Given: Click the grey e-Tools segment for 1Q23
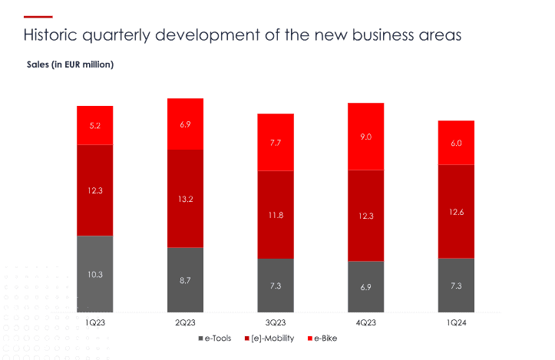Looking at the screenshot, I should coord(95,274).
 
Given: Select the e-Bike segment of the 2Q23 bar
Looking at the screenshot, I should coord(185,124).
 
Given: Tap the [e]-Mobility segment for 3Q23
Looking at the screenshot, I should coord(276,214).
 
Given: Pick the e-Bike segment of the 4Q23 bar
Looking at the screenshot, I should coord(366,137).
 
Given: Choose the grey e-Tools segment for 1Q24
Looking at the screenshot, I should coord(456,285).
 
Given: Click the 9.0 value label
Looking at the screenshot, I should coord(366,137).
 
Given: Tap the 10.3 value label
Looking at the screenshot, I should coord(95,274).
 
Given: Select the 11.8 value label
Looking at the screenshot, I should coord(276,215).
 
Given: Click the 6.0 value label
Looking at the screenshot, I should coord(456,144).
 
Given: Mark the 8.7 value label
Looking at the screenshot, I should coord(185,280).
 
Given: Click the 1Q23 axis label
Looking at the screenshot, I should coord(95,323).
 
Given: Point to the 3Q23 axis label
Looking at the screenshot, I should coord(276,323).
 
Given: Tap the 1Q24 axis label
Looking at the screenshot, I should coord(456,323).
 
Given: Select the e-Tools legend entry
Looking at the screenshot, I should coord(217,338).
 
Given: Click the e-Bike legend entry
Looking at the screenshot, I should coord(324,338).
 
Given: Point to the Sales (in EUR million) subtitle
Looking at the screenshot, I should coord(70,64).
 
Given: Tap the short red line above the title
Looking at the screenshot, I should coord(38,16).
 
